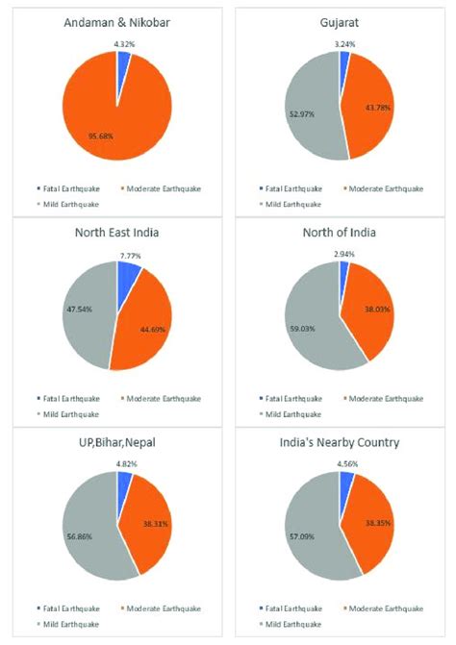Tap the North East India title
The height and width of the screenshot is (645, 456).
(117, 232)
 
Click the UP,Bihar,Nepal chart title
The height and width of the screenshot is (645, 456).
(117, 443)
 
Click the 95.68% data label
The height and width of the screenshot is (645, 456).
(100, 136)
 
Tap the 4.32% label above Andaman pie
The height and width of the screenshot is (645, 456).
(125, 43)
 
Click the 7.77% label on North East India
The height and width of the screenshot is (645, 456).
(132, 256)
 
